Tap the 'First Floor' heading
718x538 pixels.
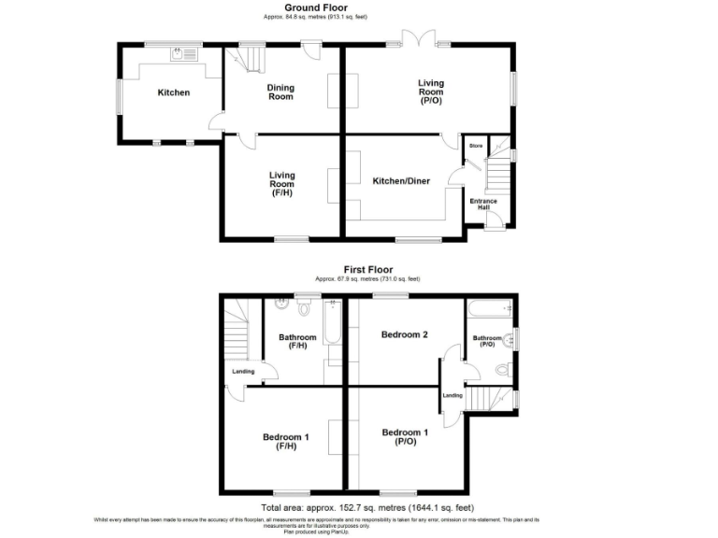tap(367, 269)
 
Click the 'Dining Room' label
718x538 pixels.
tap(280, 92)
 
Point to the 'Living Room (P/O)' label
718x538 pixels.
tap(430, 92)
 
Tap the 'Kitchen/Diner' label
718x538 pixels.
tap(401, 181)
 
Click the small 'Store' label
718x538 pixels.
tap(475, 146)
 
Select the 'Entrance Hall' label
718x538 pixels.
tap(482, 205)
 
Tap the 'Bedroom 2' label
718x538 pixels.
tap(404, 334)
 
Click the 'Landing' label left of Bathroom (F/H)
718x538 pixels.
tap(242, 372)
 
